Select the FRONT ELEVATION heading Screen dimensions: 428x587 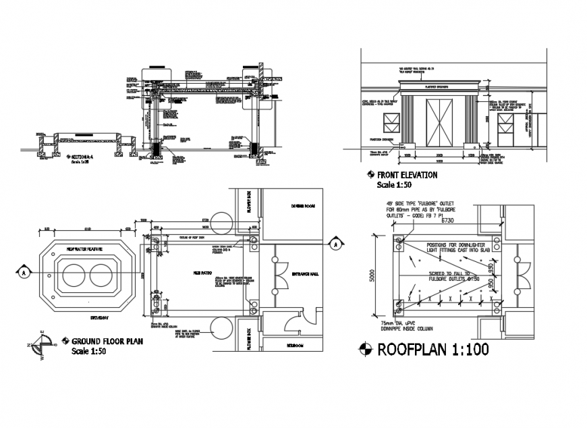406,175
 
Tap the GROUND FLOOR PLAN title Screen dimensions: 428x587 107,342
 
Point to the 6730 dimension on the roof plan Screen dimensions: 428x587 450,221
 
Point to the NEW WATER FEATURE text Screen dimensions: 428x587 84,249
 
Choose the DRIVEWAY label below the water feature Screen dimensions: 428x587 101,315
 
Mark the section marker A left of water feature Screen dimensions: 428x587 24,272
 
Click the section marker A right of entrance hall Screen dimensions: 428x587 335,244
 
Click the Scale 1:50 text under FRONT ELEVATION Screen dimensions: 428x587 395,184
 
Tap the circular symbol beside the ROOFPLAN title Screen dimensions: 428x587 365,349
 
